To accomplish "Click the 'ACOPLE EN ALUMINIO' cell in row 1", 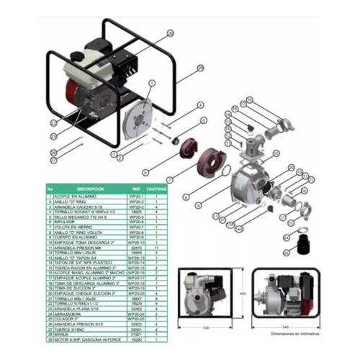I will (x=73, y=194).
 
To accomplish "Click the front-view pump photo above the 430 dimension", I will (x=206, y=294).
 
